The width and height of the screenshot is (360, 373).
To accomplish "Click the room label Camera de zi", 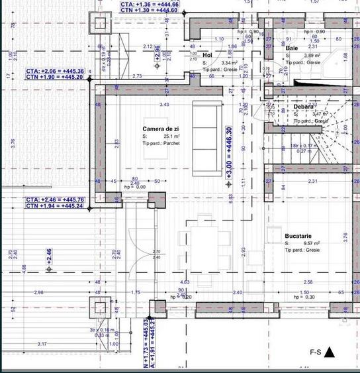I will click(161, 128).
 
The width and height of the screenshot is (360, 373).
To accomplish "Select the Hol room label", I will click(208, 55).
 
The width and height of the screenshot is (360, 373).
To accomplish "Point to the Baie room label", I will click(292, 48).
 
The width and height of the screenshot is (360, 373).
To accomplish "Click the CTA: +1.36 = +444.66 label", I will click(149, 4).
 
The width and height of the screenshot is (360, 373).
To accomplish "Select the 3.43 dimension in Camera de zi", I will click(164, 104).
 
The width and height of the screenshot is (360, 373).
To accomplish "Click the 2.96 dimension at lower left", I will click(38, 292).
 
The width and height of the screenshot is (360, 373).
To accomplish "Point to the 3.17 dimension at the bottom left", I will click(42, 343).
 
